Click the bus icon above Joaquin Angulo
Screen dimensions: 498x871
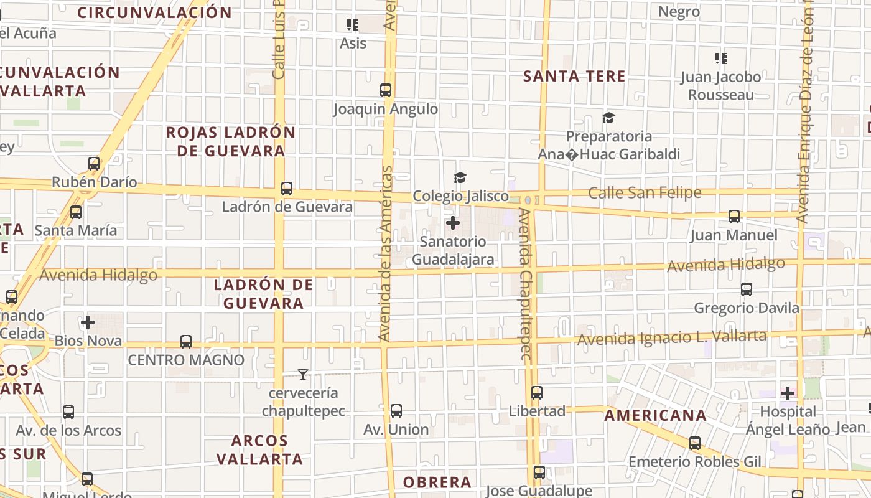point(386,90)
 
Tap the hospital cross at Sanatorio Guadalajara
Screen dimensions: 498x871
point(453,223)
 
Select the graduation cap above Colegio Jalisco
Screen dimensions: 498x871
point(460,178)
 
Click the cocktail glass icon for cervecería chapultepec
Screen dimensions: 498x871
point(303,375)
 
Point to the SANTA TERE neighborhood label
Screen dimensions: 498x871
point(574,77)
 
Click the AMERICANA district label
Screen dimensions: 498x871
point(656,415)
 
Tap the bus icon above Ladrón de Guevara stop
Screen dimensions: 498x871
point(287,189)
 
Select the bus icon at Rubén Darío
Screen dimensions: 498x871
point(94,164)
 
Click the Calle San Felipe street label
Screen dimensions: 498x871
point(645,193)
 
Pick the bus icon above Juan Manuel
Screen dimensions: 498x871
point(734,217)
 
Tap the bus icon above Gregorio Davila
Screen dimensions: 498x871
point(747,289)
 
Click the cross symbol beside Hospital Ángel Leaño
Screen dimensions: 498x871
point(788,393)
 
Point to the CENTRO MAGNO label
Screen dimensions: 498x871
point(186,360)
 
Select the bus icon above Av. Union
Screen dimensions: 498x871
point(396,411)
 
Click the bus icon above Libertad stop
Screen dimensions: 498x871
point(537,393)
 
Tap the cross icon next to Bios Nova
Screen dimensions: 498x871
point(88,322)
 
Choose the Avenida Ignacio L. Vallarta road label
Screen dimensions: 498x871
point(672,337)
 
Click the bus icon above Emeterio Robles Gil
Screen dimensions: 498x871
point(695,443)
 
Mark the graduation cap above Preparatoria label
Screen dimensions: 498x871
point(608,118)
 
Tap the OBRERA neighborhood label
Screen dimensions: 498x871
point(437,482)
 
